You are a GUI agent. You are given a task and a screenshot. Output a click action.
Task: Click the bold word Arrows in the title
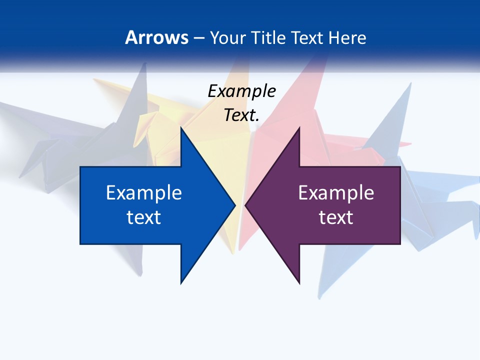pos(156,37)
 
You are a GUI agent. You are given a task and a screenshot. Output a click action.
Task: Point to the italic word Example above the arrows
pos(241,91)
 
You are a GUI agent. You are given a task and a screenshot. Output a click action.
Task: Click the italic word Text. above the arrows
pos(241,115)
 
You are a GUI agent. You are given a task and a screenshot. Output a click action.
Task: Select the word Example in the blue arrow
pos(144,193)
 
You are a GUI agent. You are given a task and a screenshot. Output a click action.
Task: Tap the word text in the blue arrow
pos(144,217)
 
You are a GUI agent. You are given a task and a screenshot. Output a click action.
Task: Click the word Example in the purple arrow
pos(336,193)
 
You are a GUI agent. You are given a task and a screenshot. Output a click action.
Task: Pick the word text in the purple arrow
pos(336,217)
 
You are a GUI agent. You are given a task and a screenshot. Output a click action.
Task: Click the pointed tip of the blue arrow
pos(235,205)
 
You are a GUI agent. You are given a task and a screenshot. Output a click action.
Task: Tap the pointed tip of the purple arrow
pos(245,205)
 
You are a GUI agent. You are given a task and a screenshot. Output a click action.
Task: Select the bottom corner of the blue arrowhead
pos(181,283)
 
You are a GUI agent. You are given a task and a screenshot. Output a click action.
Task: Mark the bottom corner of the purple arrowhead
pos(299,283)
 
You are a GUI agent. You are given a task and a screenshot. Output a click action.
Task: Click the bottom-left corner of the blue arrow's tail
pos(80,244)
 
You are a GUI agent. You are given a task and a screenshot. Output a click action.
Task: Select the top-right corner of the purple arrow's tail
pos(400,167)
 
